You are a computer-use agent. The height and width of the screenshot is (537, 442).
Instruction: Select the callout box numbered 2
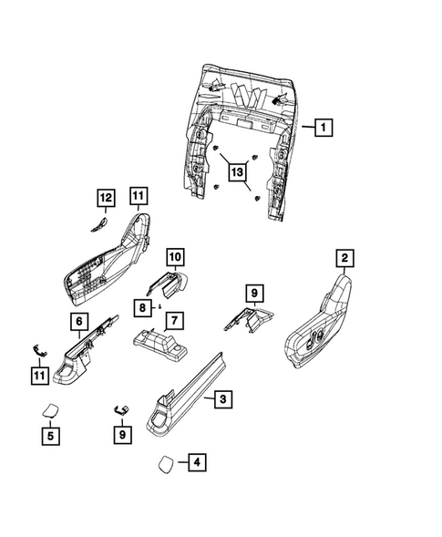tap(344, 260)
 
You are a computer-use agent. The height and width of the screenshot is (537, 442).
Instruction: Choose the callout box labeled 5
tap(53, 437)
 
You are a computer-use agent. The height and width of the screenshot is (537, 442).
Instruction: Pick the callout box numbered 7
tap(172, 321)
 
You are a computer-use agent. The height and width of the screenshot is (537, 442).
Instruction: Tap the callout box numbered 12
tap(106, 197)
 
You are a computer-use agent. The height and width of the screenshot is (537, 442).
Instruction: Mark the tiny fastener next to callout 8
tap(160, 307)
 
